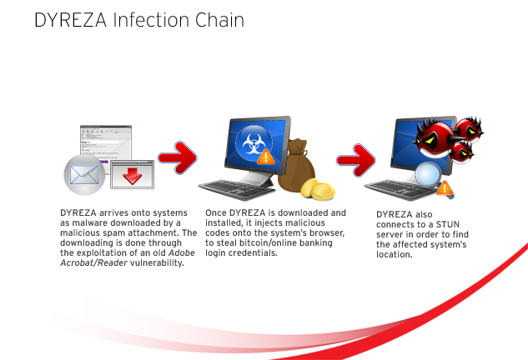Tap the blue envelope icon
(84, 175)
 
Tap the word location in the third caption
(395, 254)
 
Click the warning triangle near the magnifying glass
(445, 188)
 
